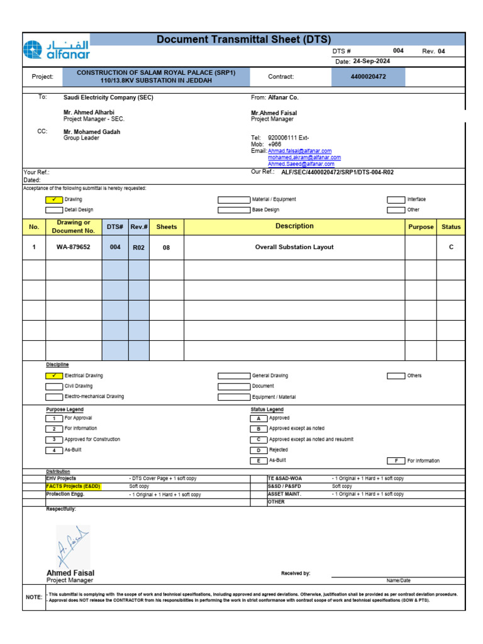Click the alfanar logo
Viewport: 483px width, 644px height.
click(56, 50)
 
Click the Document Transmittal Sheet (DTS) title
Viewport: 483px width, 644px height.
click(243, 40)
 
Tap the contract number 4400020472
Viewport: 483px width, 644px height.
click(368, 77)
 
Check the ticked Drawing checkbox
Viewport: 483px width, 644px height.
click(54, 199)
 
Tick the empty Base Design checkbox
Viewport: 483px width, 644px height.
click(233, 210)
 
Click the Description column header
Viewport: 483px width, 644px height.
click(294, 226)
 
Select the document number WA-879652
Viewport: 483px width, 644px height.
click(74, 247)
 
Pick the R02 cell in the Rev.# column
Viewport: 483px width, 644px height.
click(138, 248)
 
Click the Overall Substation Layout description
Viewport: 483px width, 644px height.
click(294, 247)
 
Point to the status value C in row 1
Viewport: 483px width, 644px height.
click(451, 247)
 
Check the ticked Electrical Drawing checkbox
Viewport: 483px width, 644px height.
click(54, 375)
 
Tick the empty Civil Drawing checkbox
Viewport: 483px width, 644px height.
click(54, 386)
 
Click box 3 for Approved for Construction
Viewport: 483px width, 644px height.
click(54, 440)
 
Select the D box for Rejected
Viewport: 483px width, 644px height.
click(258, 450)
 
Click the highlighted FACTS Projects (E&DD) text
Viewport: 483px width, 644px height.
click(74, 486)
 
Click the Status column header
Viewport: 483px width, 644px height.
click(451, 226)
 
